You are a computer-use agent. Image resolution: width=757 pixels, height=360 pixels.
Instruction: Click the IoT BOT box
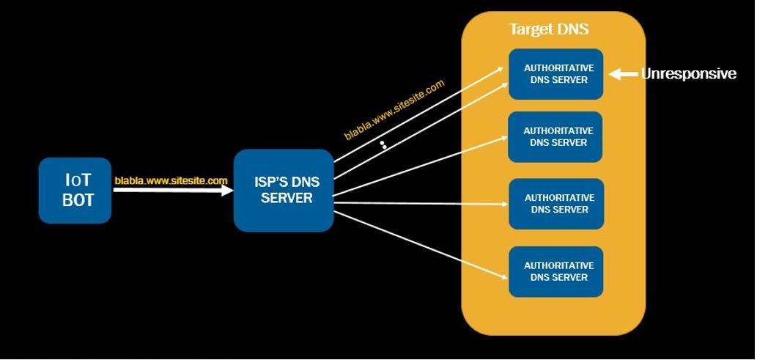75,191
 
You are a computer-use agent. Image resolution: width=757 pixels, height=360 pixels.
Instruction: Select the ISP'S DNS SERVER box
284,191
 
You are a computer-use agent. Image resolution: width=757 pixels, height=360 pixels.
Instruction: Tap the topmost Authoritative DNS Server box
555,74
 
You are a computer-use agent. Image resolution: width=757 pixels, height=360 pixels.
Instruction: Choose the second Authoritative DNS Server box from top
555,137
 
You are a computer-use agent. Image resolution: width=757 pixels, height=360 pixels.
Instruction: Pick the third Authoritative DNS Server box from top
556,204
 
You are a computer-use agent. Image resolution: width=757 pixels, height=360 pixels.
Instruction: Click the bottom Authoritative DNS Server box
555,271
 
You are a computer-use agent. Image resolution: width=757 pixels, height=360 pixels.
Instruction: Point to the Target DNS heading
549,29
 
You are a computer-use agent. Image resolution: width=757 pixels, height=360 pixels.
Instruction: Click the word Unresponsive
688,74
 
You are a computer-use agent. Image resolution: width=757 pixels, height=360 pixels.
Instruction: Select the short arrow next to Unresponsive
624,74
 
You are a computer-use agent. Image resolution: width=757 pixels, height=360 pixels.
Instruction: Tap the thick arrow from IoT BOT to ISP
174,190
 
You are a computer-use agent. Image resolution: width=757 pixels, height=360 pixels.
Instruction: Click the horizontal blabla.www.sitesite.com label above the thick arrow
171,180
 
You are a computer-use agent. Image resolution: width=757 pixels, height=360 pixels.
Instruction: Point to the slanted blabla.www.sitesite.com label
394,110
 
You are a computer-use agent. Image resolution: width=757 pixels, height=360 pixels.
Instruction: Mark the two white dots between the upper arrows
383,145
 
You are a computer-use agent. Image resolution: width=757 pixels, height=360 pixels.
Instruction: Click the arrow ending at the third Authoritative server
421,203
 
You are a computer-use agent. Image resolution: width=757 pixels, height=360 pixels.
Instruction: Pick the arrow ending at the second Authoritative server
421,166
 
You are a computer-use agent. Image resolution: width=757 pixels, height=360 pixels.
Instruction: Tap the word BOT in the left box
78,200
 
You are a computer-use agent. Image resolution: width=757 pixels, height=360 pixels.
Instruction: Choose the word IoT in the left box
78,180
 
